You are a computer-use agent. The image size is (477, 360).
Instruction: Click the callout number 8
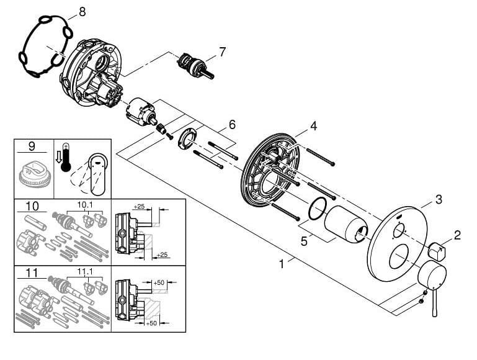[82, 12]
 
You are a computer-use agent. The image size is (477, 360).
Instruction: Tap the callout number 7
[223, 52]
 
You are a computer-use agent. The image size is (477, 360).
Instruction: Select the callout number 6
[232, 125]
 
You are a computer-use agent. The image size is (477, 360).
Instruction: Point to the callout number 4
[314, 125]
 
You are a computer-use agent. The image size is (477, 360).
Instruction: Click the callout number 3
[439, 200]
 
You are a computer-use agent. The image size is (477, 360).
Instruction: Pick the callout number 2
[457, 235]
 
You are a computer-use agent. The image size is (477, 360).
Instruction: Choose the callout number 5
[304, 241]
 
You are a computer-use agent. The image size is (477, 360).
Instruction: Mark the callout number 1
[282, 264]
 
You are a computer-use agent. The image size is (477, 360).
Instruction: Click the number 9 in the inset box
[32, 146]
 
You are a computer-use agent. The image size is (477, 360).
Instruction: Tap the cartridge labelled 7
[195, 65]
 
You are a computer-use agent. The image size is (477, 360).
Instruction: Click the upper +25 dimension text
[139, 207]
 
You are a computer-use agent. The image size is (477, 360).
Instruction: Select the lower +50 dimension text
[151, 323]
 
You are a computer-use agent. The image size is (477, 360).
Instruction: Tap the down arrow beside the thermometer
[58, 157]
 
